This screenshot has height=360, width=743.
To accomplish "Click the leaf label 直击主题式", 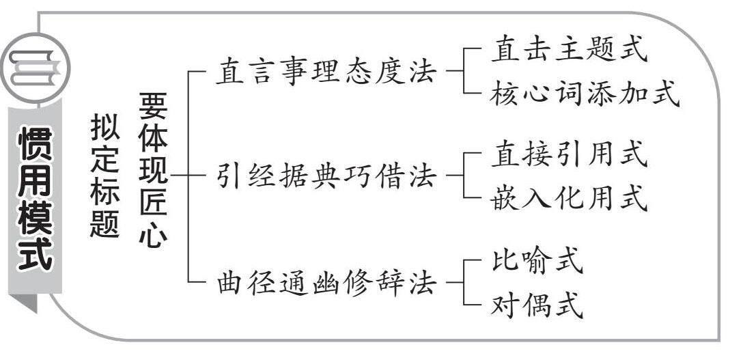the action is tap(567, 51).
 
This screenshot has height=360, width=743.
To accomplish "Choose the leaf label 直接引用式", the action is tap(567, 155).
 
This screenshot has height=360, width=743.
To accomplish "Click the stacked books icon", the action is tap(34, 69).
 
